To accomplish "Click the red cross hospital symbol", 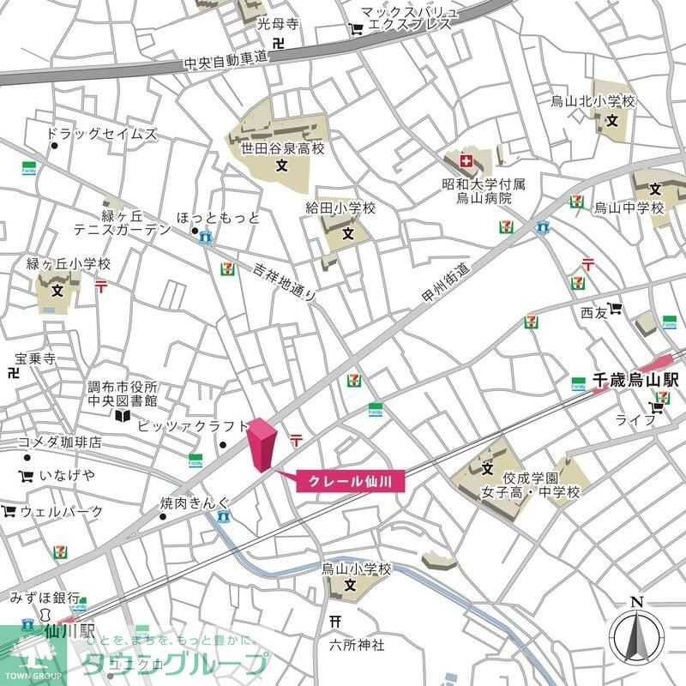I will click(x=466, y=160).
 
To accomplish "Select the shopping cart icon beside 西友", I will click(x=616, y=311).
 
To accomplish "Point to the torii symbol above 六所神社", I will click(x=335, y=620).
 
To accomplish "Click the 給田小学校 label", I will click(x=341, y=208).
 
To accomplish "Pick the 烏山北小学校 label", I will click(x=593, y=102).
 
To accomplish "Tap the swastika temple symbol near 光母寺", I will click(x=279, y=41).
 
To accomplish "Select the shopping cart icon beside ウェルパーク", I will click(x=9, y=512).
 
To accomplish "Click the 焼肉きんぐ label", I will click(x=196, y=503).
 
